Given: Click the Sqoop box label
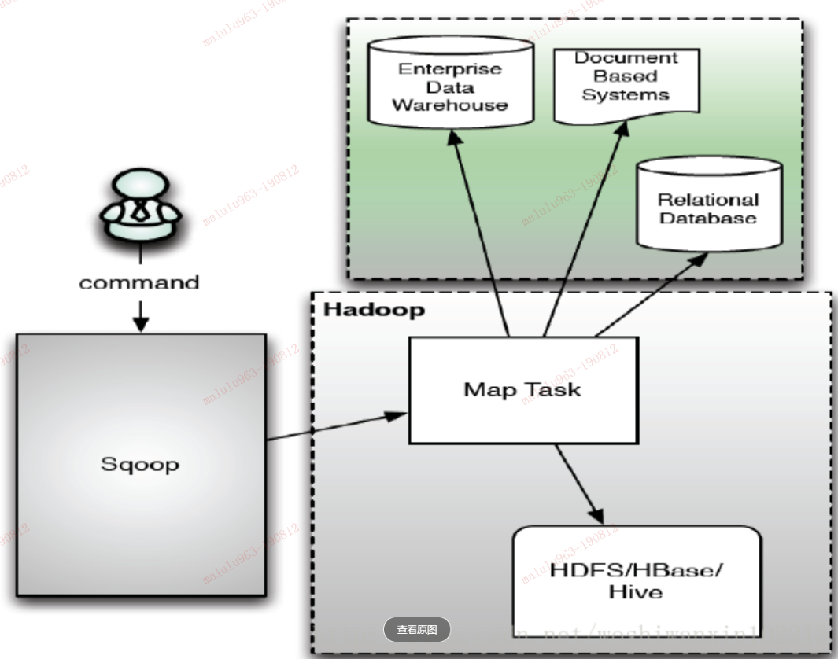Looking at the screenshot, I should (x=140, y=464).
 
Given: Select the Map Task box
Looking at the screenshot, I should (x=522, y=389).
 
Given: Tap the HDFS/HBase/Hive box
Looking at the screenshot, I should (x=636, y=580).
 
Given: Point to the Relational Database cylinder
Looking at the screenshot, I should (x=708, y=206).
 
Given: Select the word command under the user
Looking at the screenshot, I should (x=139, y=282).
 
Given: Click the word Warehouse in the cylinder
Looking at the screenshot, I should (x=449, y=105).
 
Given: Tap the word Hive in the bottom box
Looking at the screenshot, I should (x=636, y=591).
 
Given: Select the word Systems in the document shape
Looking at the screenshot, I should (x=626, y=95).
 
